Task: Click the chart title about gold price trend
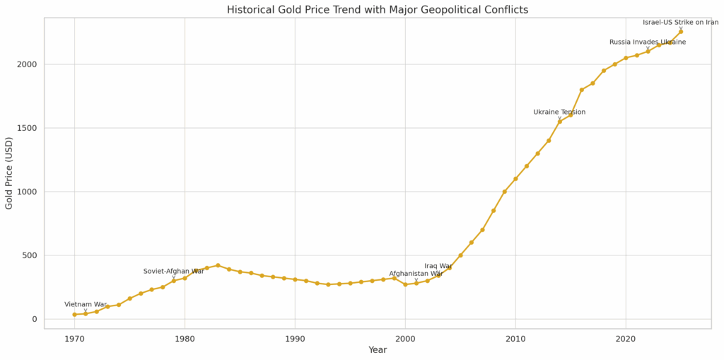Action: pos(377,10)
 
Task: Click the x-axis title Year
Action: pos(377,350)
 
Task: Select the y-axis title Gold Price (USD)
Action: pos(9,173)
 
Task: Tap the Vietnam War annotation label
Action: pos(86,305)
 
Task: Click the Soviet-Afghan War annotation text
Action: pos(173,272)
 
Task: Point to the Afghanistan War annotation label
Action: pos(416,274)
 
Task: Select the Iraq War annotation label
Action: pos(438,267)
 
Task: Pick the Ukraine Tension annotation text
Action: pos(559,112)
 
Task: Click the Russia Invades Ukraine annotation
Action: pos(647,42)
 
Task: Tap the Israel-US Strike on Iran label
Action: pos(680,23)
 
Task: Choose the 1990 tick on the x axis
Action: pos(295,339)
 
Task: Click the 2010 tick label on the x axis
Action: pos(515,339)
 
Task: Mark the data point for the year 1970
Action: pos(74,315)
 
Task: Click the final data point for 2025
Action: pos(681,32)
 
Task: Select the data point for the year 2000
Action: pos(405,284)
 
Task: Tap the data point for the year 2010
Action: pos(515,179)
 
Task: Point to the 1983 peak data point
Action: pos(218,265)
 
